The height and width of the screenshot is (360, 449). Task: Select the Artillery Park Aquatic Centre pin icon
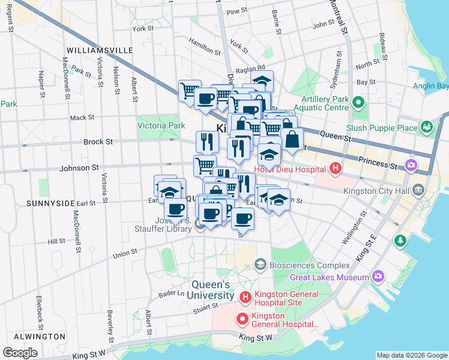pyautogui.click(x=358, y=101)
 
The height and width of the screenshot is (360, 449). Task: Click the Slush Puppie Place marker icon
pyautogui.click(x=427, y=127)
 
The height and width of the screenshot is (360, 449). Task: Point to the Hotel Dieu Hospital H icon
pyautogui.click(x=335, y=170)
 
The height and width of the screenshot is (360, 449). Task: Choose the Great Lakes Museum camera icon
pyautogui.click(x=378, y=277)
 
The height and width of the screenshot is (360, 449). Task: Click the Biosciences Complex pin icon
pyautogui.click(x=261, y=264)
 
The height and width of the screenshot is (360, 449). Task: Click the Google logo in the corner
pyautogui.click(x=19, y=352)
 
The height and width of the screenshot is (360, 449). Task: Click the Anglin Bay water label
pyautogui.click(x=430, y=86)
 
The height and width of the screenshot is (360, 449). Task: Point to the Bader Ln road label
pyautogui.click(x=171, y=293)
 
